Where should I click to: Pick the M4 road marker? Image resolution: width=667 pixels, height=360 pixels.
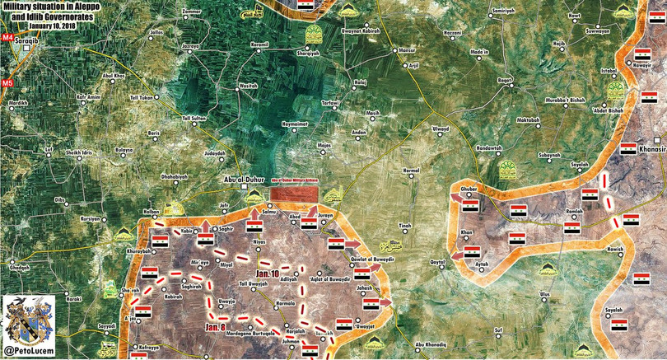(x=7, y=38)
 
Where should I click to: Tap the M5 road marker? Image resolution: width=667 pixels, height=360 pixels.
(x=7, y=84)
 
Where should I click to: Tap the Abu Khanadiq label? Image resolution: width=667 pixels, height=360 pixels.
(x=430, y=344)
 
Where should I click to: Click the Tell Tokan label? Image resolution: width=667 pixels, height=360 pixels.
(x=141, y=97)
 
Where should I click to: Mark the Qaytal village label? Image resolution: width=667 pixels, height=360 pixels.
(x=436, y=262)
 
